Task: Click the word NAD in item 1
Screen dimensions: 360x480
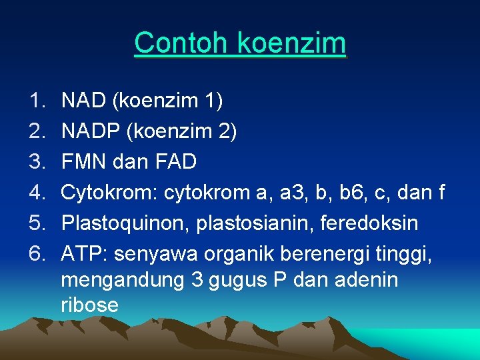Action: tap(83, 101)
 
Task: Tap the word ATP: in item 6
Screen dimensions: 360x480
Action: tap(82, 254)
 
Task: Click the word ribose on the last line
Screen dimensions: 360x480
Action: tap(89, 305)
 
